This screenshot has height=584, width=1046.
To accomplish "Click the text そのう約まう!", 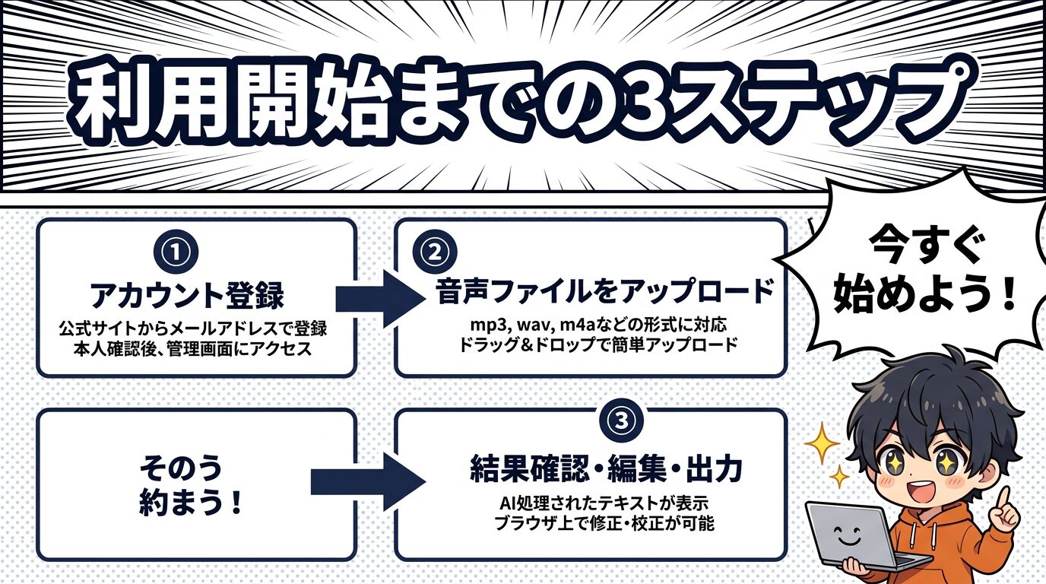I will [x=191, y=487].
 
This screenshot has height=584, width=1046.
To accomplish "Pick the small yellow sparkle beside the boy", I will [x=839, y=477].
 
